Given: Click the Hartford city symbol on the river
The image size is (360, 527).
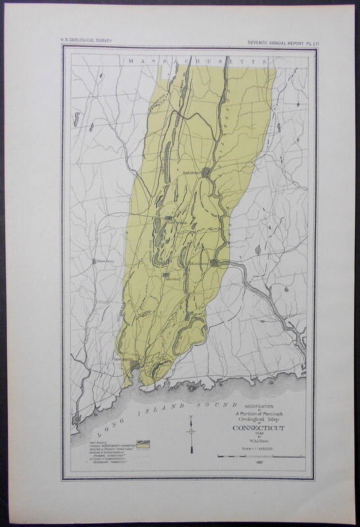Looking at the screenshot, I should pyautogui.click(x=206, y=173).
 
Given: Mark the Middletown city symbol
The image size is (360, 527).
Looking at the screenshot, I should pyautogui.click(x=214, y=262).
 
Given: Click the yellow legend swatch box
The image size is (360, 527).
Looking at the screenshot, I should pyautogui.click(x=140, y=443).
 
